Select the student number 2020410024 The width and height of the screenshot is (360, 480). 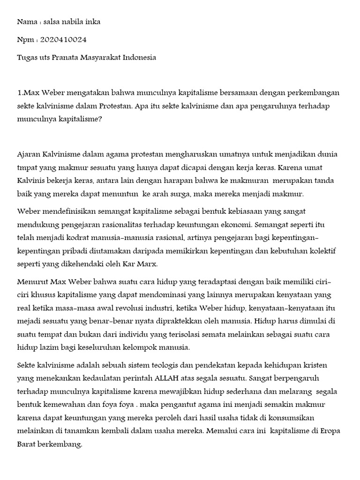(x=63, y=40)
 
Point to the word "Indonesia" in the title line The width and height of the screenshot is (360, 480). (x=139, y=58)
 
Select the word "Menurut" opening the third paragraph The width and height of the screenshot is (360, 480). (x=31, y=282)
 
